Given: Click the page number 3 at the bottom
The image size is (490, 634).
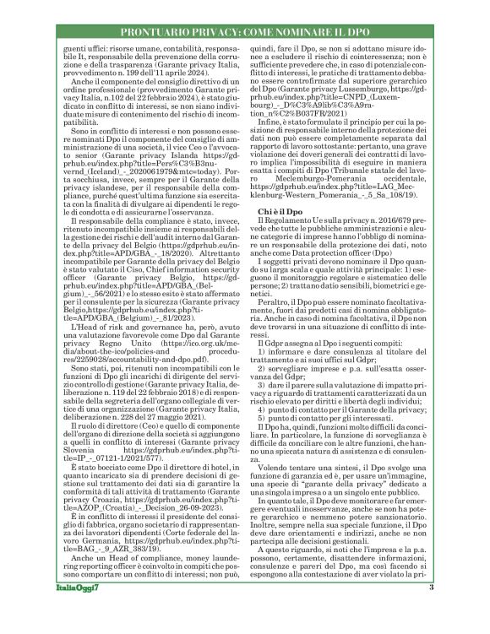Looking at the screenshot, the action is (454, 611).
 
